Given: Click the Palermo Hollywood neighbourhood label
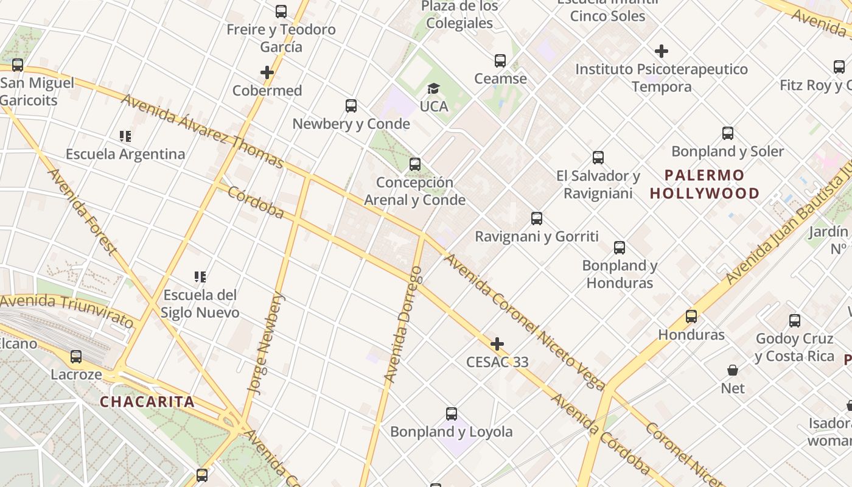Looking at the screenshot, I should pyautogui.click(x=705, y=184).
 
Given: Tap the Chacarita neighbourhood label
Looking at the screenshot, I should pyautogui.click(x=147, y=402).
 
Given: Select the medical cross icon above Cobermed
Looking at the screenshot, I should pyautogui.click(x=267, y=72).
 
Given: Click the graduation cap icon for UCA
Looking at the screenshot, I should pyautogui.click(x=433, y=89).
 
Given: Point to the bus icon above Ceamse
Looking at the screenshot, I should pyautogui.click(x=500, y=61).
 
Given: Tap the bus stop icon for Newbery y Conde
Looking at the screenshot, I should pyautogui.click(x=351, y=106).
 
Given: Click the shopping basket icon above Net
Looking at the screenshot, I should pyautogui.click(x=733, y=370).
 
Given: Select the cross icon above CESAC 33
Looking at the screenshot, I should pyautogui.click(x=497, y=344).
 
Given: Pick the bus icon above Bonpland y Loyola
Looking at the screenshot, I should pyautogui.click(x=452, y=414).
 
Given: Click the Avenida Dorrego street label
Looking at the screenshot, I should pyautogui.click(x=403, y=329).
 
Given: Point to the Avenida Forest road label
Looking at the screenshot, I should pyautogui.click(x=82, y=211).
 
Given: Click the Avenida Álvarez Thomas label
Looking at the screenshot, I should pyautogui.click(x=202, y=131).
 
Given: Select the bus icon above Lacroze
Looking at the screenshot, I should pyautogui.click(x=76, y=357).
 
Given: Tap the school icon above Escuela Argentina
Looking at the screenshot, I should pyautogui.click(x=125, y=136).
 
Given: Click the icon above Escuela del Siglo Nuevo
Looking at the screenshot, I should pyautogui.click(x=200, y=277).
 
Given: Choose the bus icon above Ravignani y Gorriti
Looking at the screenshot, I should pyautogui.click(x=537, y=219).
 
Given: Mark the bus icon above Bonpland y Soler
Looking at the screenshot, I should pyautogui.click(x=728, y=133).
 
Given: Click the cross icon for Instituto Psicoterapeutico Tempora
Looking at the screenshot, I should pyautogui.click(x=662, y=51).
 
